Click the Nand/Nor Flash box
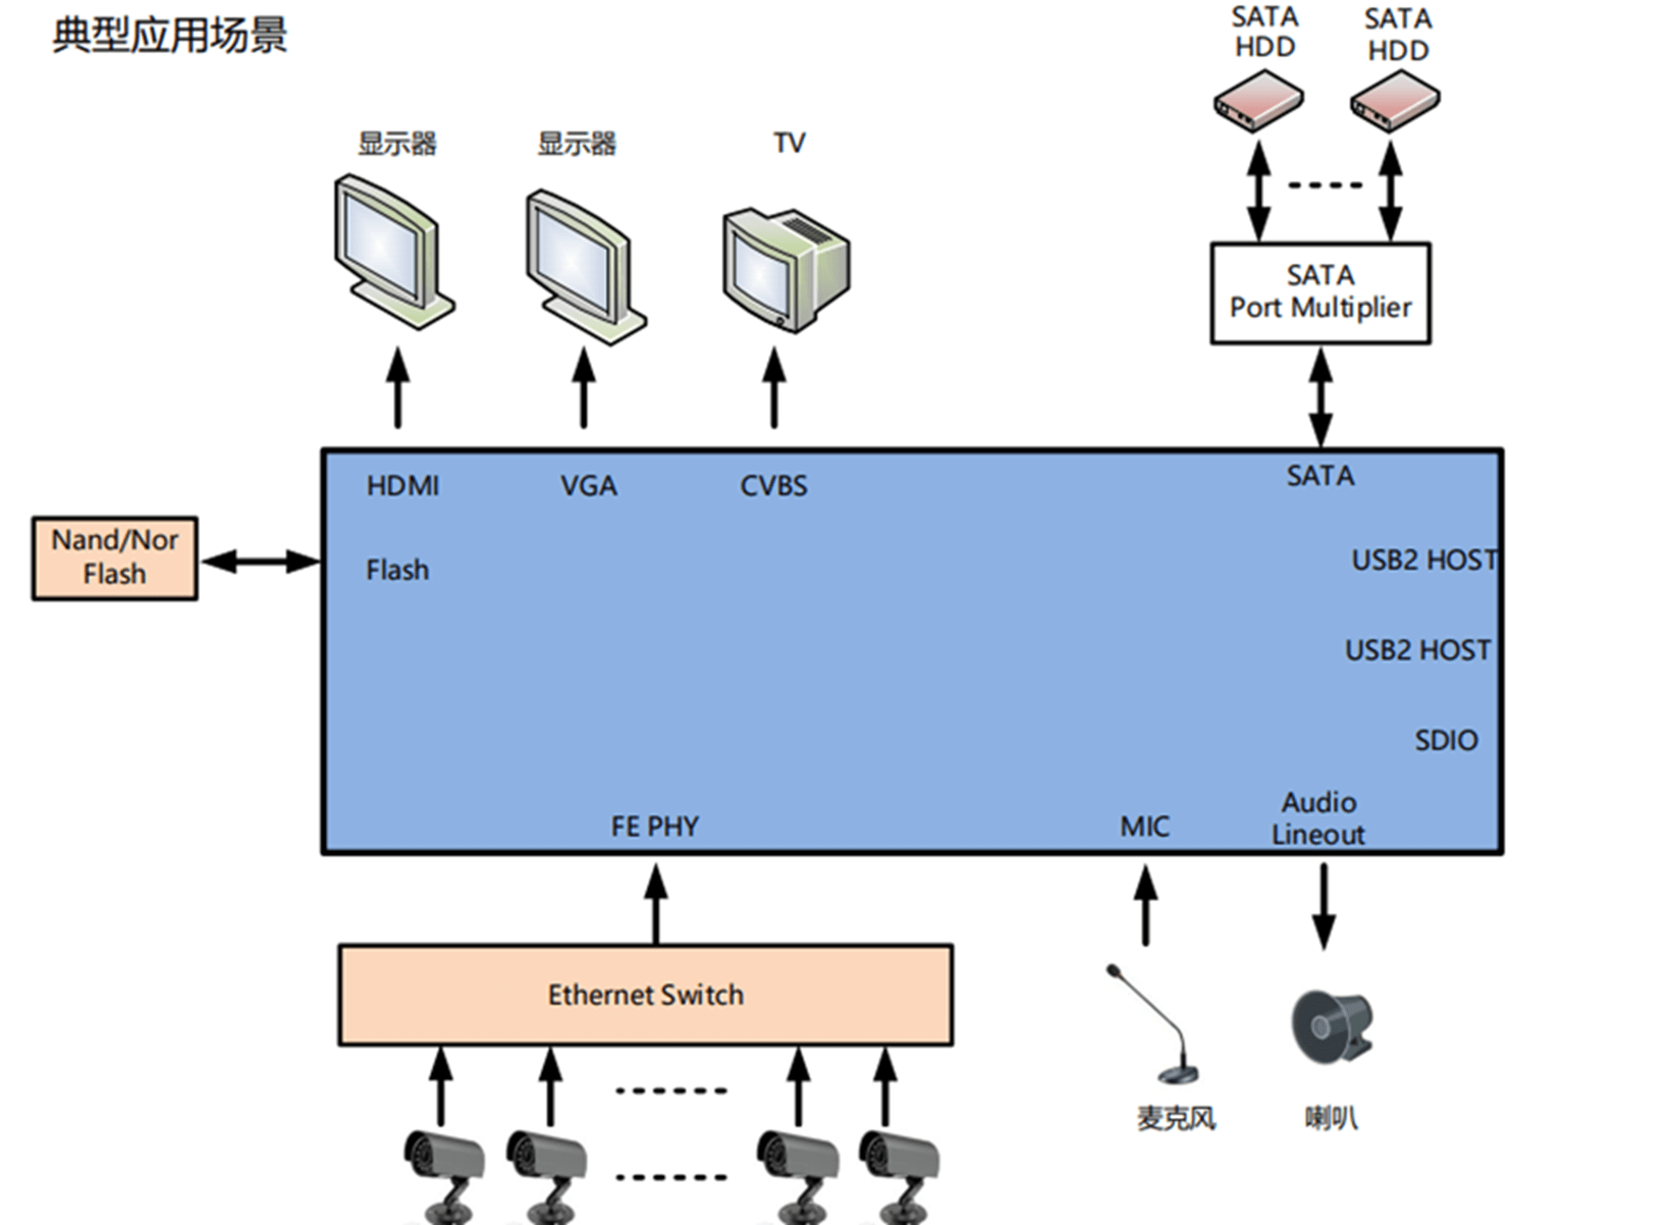(115, 558)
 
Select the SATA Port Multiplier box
(1320, 293)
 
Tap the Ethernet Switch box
(645, 995)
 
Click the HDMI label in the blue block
(403, 486)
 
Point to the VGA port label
(588, 486)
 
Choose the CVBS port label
(773, 486)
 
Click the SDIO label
(1446, 740)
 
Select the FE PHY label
(655, 826)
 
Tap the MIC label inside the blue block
(1144, 826)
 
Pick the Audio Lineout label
(1318, 819)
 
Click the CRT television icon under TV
(785, 269)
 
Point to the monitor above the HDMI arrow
(393, 251)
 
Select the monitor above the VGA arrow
(584, 266)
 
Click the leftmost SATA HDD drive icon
(1258, 99)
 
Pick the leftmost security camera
(443, 1173)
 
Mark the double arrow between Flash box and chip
(261, 562)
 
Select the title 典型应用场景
(170, 35)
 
